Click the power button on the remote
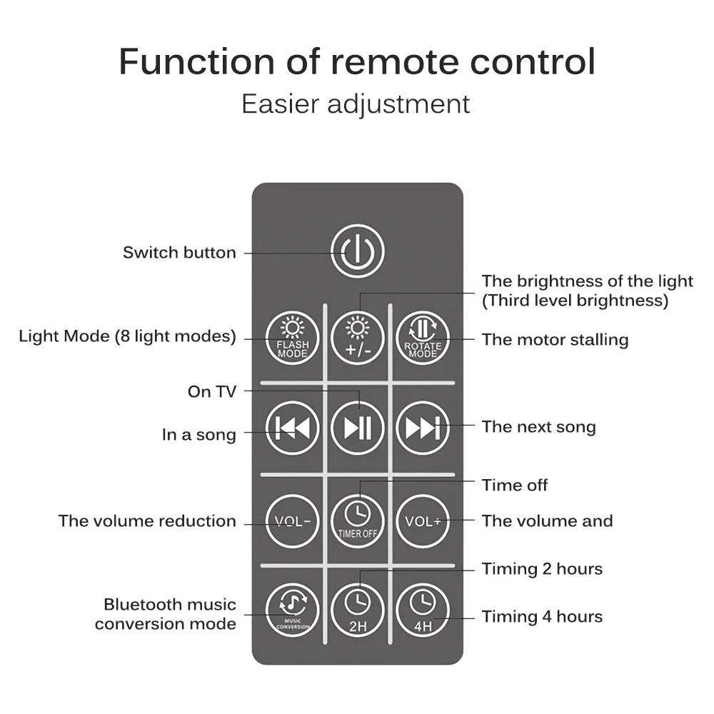pyautogui.click(x=357, y=251)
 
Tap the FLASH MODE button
pyautogui.click(x=292, y=339)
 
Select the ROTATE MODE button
pyautogui.click(x=423, y=339)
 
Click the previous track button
pyautogui.click(x=292, y=428)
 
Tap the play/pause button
pyautogui.click(x=357, y=428)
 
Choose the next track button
pyautogui.click(x=423, y=428)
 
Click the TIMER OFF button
pyautogui.click(x=357, y=521)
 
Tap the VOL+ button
pyautogui.click(x=423, y=521)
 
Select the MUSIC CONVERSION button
pyautogui.click(x=292, y=610)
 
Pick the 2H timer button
pyautogui.click(x=357, y=610)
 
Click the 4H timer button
pyautogui.click(x=423, y=610)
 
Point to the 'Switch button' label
pyautogui.click(x=179, y=252)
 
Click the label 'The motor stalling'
pyautogui.click(x=555, y=339)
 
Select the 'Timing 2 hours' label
pyautogui.click(x=542, y=569)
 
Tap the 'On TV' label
pyautogui.click(x=211, y=391)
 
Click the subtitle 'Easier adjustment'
pyautogui.click(x=356, y=104)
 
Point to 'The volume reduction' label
pyautogui.click(x=147, y=521)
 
